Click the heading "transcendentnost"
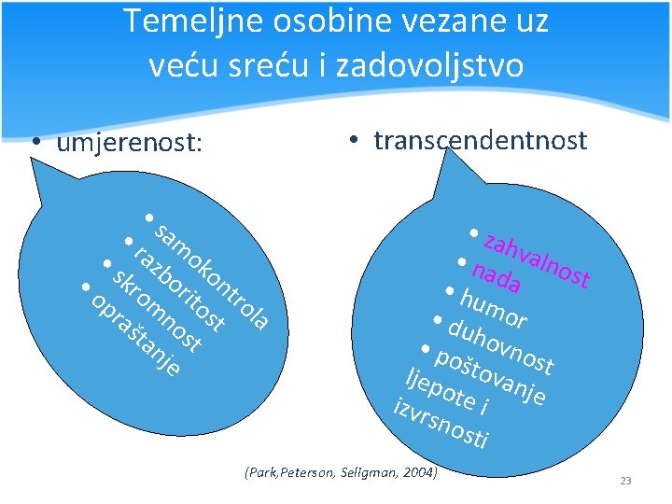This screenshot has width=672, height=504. [480, 140]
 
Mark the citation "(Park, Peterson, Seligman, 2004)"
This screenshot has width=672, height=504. [340, 473]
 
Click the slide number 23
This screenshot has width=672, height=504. [625, 481]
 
